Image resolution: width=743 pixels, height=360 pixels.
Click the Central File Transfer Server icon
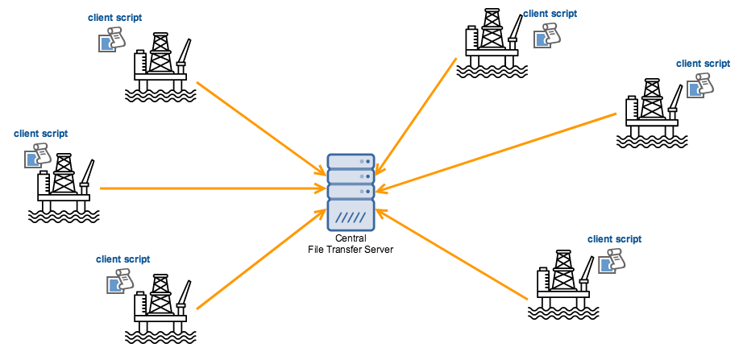[x=351, y=192]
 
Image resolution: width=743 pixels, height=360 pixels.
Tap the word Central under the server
[x=351, y=238]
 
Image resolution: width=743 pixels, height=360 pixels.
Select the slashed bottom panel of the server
[x=351, y=216]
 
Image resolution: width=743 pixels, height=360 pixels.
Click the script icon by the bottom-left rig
[x=119, y=279]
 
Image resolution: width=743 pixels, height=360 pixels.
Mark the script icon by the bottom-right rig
[x=613, y=259]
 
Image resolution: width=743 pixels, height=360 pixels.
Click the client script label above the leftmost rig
[x=41, y=134]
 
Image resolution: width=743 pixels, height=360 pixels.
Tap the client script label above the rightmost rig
[x=703, y=63]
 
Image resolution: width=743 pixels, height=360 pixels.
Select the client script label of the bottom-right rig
[x=614, y=238]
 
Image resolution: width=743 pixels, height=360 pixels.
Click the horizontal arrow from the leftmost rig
[x=210, y=189]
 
